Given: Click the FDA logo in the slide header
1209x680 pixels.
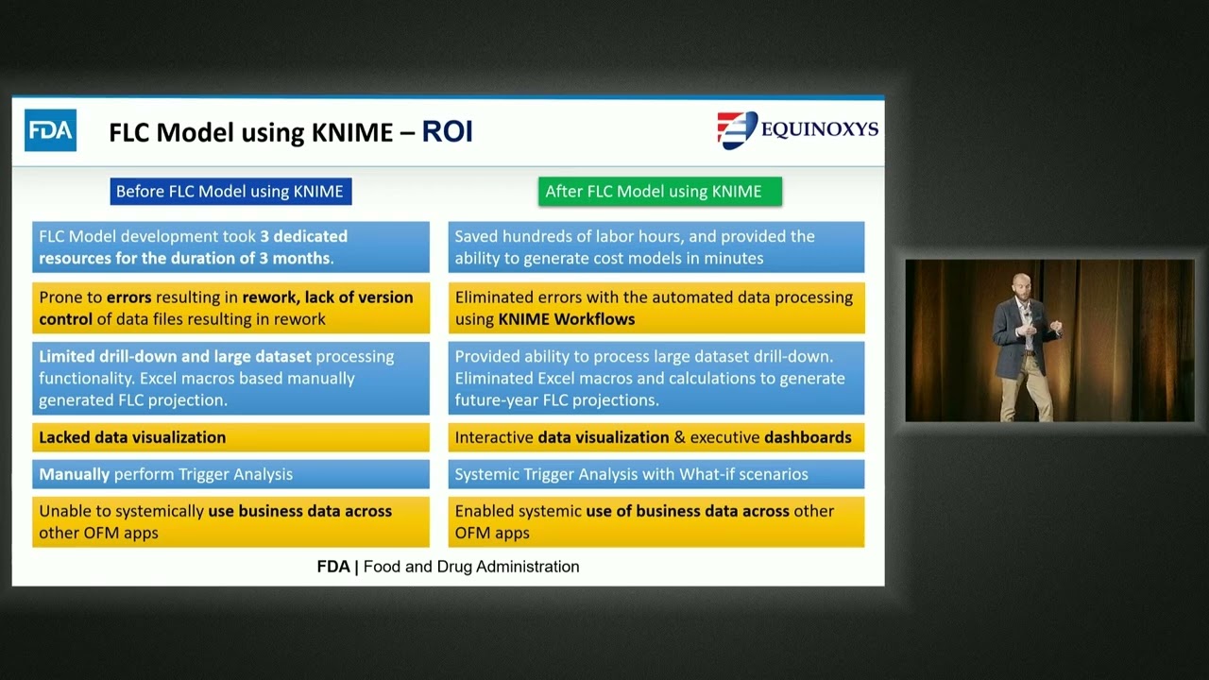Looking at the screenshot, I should click(x=50, y=130).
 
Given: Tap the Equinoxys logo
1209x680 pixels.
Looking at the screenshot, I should click(x=797, y=129).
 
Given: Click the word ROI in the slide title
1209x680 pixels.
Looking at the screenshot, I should click(x=447, y=131).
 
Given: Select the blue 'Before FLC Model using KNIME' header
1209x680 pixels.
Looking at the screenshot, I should click(x=230, y=192).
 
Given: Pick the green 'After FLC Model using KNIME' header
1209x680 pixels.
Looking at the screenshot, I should click(x=658, y=192).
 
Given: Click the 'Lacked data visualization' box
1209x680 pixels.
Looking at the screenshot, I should click(x=230, y=437).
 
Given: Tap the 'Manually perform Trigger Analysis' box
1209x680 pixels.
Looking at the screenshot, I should click(x=230, y=474).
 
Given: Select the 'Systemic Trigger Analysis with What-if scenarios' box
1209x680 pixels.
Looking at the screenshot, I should click(x=656, y=474).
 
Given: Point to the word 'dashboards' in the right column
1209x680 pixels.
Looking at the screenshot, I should click(x=808, y=437).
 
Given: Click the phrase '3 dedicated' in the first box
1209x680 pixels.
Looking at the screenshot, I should click(x=304, y=236).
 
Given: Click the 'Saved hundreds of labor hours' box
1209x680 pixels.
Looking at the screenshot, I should click(x=656, y=247).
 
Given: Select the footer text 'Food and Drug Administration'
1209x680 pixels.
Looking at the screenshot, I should click(x=471, y=567).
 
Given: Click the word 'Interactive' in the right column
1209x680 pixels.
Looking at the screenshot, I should click(x=493, y=437).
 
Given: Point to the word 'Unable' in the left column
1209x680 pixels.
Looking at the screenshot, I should click(x=62, y=511).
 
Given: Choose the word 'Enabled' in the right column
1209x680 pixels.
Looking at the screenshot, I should click(x=485, y=511).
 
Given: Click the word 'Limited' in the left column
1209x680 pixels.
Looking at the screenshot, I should click(x=66, y=356).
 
